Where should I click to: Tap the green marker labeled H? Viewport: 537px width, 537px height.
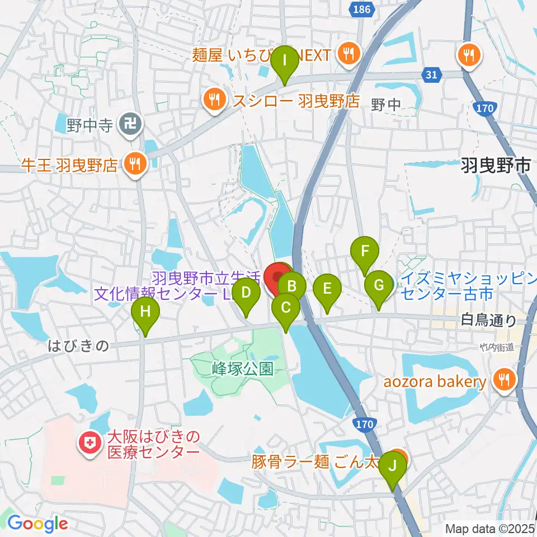[145, 312]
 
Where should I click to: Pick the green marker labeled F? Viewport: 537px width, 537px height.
[365, 251]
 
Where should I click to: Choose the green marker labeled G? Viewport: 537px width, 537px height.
[379, 286]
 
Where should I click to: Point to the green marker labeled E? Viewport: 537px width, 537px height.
[327, 290]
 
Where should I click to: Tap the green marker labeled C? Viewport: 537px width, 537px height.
[286, 308]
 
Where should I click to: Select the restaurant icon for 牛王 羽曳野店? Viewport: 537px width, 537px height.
[134, 164]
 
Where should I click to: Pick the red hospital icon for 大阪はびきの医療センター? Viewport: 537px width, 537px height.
[89, 444]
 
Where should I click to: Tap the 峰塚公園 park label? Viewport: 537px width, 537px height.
[242, 369]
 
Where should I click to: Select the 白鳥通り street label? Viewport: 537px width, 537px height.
[488, 321]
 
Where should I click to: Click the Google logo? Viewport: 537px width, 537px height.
[38, 524]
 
